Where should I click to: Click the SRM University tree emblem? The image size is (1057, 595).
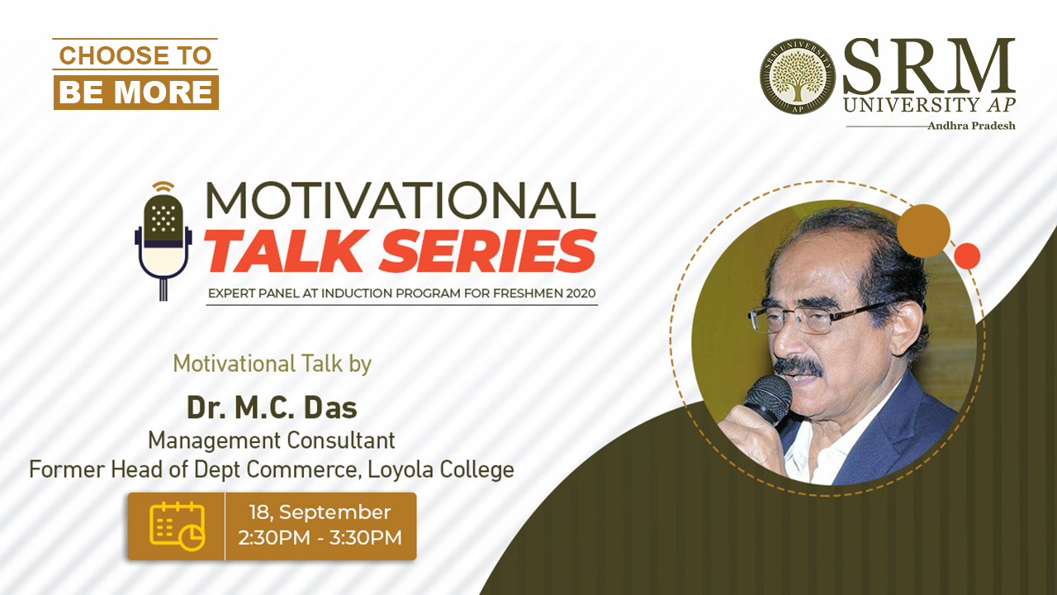point(798,76)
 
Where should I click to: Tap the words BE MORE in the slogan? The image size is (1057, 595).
point(135,92)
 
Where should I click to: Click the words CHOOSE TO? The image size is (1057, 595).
point(135,55)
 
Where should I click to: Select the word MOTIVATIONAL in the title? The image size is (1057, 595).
point(401,200)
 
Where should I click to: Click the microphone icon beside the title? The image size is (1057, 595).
point(164,240)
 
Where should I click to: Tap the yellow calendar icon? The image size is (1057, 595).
point(178,526)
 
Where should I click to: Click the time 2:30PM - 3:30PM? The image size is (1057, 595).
point(320,538)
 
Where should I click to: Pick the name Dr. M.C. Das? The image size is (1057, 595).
point(273,407)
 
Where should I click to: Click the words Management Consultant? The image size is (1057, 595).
point(272,440)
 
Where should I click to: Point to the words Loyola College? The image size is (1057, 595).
point(441,470)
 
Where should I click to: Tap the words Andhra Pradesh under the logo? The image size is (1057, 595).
point(972,126)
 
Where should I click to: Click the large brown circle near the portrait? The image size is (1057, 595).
point(923,231)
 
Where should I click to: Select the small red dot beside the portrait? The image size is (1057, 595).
point(967,256)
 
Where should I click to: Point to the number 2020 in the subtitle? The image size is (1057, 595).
point(581,293)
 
